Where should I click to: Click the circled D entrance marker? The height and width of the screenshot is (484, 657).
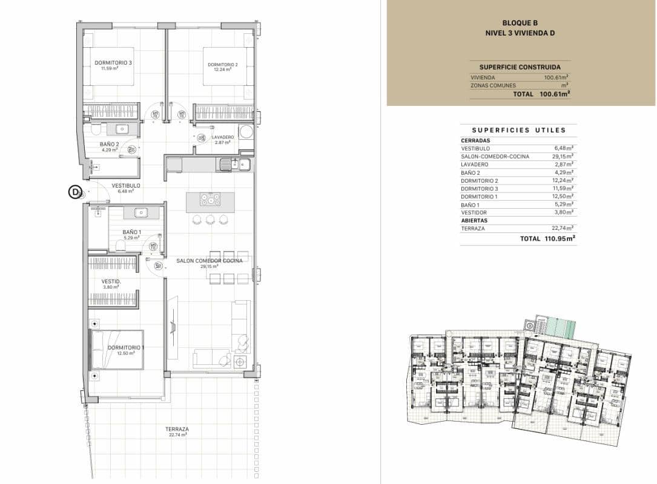click(x=75, y=192)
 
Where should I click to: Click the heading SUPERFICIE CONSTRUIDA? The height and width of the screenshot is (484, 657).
click(x=520, y=67)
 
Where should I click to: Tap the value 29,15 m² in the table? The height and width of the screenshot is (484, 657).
click(x=564, y=157)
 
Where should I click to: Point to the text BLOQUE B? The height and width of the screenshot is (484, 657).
click(x=520, y=22)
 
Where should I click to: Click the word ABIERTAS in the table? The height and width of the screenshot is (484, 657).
click(x=474, y=221)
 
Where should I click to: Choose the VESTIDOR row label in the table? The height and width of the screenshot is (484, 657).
click(x=474, y=213)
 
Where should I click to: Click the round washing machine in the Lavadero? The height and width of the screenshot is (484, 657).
click(x=246, y=132)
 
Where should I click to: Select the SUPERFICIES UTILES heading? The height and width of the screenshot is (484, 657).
click(x=518, y=130)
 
